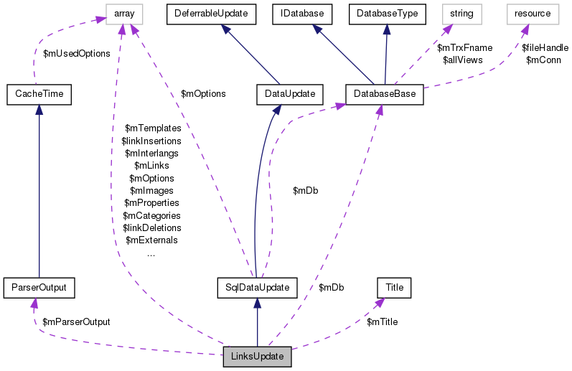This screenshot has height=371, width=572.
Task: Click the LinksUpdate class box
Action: point(257,357)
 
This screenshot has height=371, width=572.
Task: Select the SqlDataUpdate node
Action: point(257,288)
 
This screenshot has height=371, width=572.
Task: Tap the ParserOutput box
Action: point(39,288)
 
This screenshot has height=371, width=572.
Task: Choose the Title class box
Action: point(394,288)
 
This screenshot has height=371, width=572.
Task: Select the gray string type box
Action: point(461,13)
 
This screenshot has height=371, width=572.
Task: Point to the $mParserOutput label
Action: point(76,322)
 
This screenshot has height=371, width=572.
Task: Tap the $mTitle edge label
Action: point(382,322)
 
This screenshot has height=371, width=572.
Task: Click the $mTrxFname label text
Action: point(464,48)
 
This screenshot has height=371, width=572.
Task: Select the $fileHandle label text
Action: point(545,48)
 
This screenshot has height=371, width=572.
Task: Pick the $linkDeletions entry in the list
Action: point(151,227)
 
